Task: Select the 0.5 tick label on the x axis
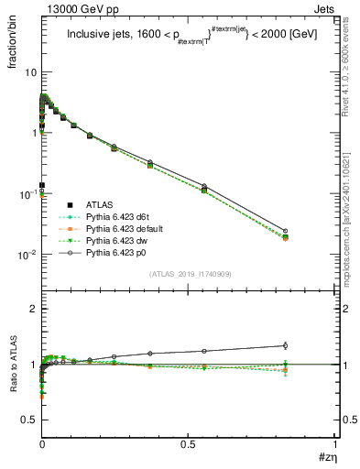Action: click(188, 443)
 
